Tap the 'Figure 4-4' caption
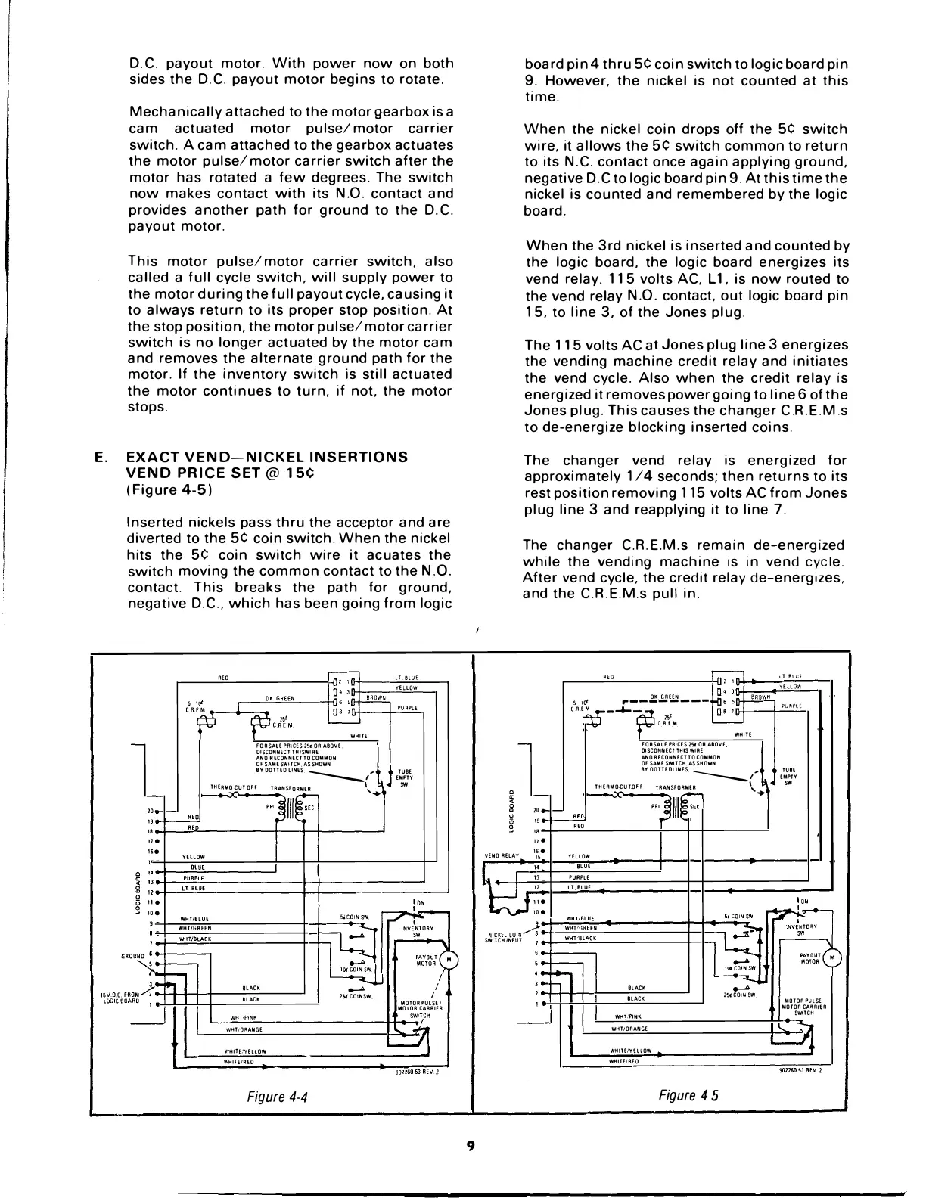[x=281, y=1096]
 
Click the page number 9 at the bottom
[x=469, y=1147]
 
